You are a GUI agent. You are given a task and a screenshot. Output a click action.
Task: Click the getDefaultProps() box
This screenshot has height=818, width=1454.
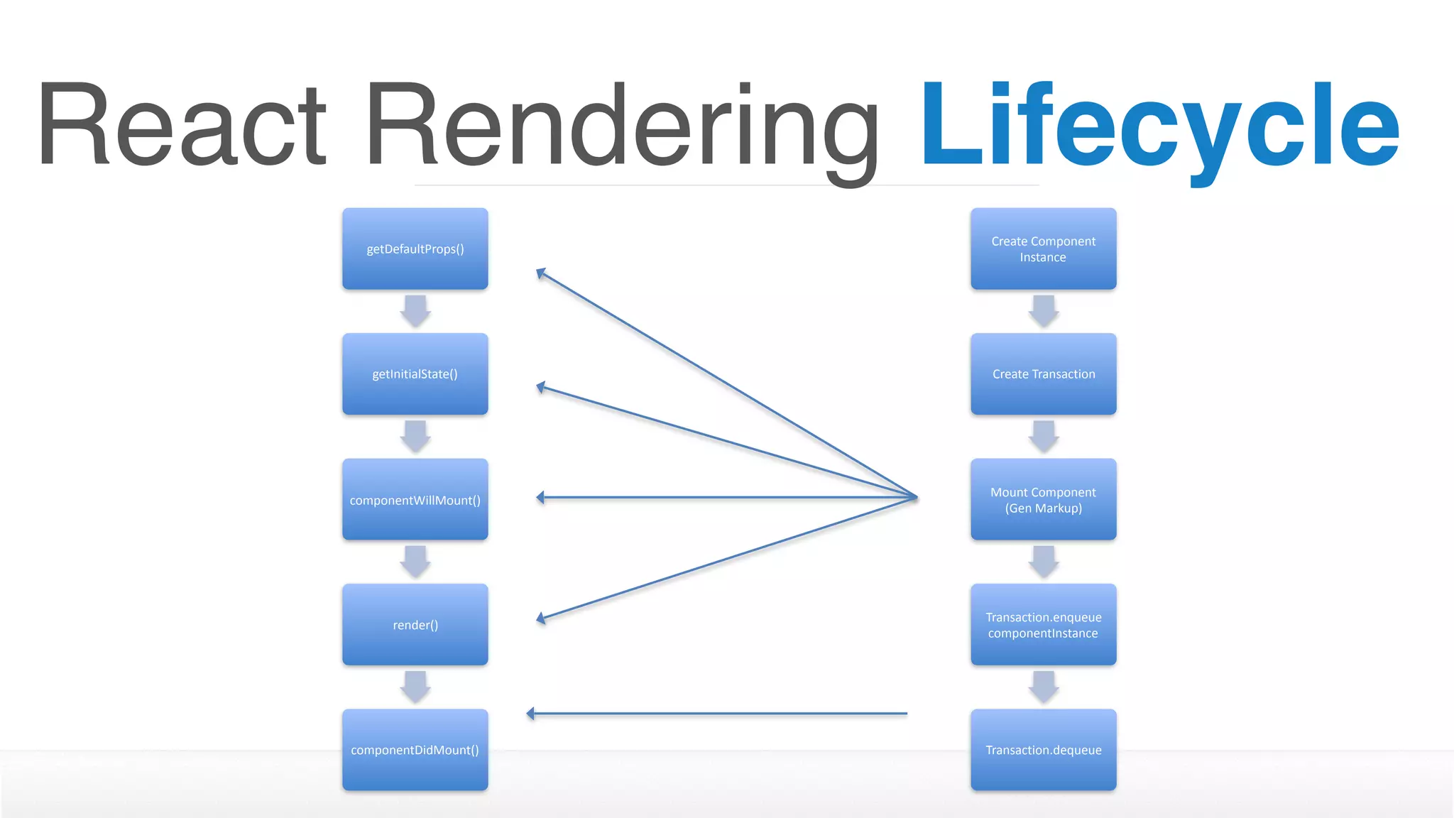(x=415, y=249)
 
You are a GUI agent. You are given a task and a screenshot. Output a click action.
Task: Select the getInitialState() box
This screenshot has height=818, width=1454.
(x=415, y=374)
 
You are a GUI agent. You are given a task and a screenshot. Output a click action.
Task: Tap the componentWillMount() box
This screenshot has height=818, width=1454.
(x=415, y=499)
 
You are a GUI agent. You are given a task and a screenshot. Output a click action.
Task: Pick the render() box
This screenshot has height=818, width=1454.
(x=415, y=625)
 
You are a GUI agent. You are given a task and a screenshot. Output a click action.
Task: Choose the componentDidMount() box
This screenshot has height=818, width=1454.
(x=415, y=750)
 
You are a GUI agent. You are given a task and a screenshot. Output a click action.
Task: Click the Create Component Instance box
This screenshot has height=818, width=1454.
(x=1044, y=249)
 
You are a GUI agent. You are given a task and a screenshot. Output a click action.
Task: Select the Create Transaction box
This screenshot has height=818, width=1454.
(x=1044, y=374)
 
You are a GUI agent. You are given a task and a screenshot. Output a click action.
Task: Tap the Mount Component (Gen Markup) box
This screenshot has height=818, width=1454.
(x=1044, y=499)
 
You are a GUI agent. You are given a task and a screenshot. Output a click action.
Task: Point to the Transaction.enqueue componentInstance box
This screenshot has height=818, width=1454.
(x=1044, y=625)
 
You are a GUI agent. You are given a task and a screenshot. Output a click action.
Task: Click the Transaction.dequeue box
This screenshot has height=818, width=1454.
(x=1044, y=750)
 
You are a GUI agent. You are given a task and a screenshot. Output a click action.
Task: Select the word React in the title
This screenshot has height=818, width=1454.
(x=182, y=126)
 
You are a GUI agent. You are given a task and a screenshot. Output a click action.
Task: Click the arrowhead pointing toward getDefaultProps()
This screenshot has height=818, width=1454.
(x=540, y=273)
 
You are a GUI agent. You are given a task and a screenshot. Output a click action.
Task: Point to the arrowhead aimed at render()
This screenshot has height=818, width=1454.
(x=541, y=619)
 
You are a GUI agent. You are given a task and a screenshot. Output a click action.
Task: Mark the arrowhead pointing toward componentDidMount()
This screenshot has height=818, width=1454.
(x=531, y=714)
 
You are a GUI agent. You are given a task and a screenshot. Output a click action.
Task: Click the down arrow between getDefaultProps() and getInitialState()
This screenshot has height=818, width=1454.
(x=415, y=311)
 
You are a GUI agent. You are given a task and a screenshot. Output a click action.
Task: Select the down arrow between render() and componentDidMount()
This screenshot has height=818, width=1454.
(x=415, y=687)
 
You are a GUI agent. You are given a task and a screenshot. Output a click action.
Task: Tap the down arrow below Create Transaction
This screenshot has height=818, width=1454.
(x=1044, y=436)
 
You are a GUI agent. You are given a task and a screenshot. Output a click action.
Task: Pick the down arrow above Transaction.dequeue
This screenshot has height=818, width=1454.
(x=1044, y=687)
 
